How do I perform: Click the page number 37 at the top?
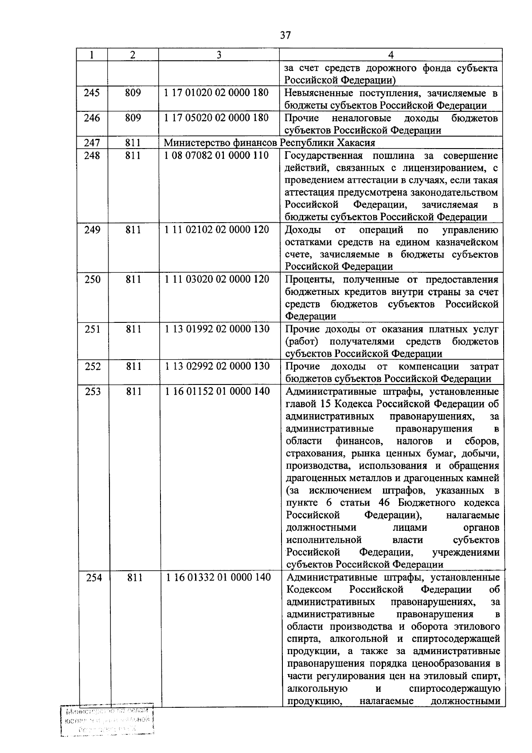tap(286, 35)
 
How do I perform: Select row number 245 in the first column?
tap(92, 93)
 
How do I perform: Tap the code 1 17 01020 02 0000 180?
tap(216, 93)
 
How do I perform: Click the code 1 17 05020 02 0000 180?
tap(216, 118)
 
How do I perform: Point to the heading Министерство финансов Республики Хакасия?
tap(270, 143)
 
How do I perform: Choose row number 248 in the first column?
tap(92, 156)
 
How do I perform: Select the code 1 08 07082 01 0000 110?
tap(216, 156)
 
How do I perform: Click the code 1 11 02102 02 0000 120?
tap(217, 230)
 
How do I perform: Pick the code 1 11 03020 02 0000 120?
tap(217, 279)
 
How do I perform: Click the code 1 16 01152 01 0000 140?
tap(218, 392)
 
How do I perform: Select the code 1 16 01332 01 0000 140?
tap(219, 577)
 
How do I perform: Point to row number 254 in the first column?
tap(94, 577)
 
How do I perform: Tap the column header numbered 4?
tap(391, 55)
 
